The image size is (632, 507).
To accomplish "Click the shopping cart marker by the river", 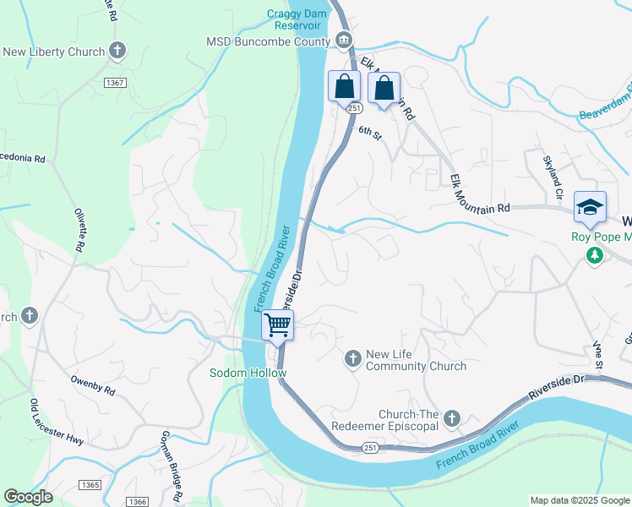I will point(277,324).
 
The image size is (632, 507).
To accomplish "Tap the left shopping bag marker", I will point(345,86).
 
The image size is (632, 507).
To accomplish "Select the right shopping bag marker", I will point(384,87).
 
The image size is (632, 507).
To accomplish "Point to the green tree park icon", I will point(595,254).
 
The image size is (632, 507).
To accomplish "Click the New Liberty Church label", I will point(53,52).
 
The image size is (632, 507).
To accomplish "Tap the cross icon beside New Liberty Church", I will point(117,52).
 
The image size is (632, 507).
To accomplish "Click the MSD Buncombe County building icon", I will point(343,41).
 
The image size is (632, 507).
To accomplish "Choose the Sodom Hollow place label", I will point(248,373).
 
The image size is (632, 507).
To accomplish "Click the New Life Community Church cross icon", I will point(352,360).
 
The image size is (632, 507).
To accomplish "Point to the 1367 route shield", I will point(116,82).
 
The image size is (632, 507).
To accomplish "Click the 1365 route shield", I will point(90,485).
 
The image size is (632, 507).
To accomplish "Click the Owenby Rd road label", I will point(92,389).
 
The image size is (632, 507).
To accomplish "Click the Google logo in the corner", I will point(28,497).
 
